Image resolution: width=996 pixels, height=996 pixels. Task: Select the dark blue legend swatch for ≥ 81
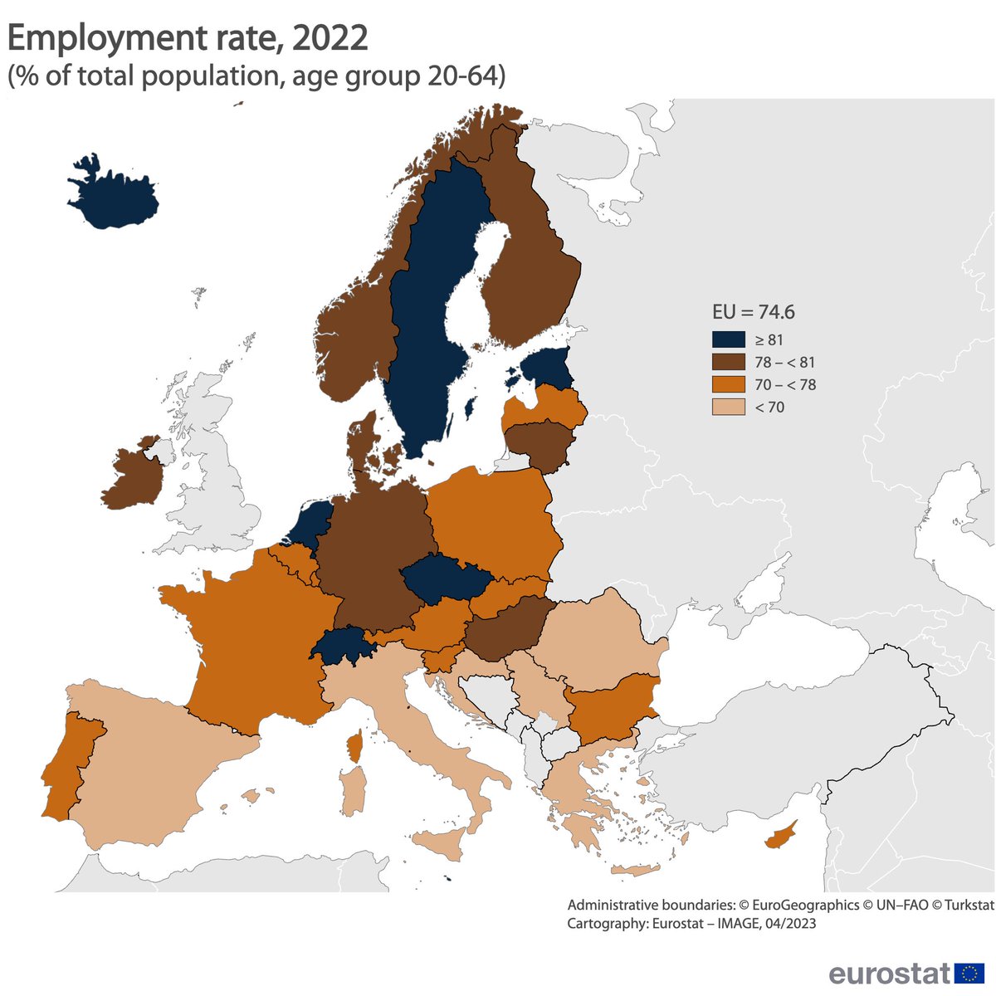[728, 339]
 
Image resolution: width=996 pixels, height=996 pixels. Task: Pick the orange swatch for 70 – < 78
[728, 384]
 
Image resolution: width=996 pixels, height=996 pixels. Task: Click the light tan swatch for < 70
[728, 407]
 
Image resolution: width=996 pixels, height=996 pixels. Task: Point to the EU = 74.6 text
[753, 312]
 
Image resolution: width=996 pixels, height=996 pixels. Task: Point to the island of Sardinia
[353, 791]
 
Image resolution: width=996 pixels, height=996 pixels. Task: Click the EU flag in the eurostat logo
[969, 973]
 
